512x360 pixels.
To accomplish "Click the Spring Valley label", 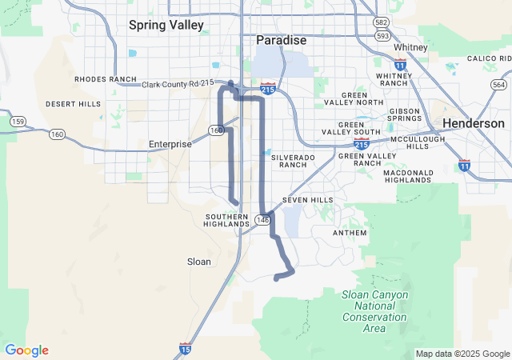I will [x=166, y=25].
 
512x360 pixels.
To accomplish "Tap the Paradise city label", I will [x=281, y=39].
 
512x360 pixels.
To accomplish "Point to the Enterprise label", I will [x=170, y=144].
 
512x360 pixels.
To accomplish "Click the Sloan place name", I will [x=198, y=262].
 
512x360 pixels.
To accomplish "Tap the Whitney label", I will [x=410, y=47].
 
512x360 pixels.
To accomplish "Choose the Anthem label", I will [x=350, y=233].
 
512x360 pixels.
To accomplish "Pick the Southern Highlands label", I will [x=227, y=220].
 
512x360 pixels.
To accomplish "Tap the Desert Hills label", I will [x=74, y=104].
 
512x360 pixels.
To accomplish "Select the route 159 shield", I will [x=18, y=121].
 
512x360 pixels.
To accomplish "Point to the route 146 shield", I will [x=263, y=218].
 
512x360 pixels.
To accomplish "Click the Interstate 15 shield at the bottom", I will [x=185, y=349].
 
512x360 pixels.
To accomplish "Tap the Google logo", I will [x=26, y=350].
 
